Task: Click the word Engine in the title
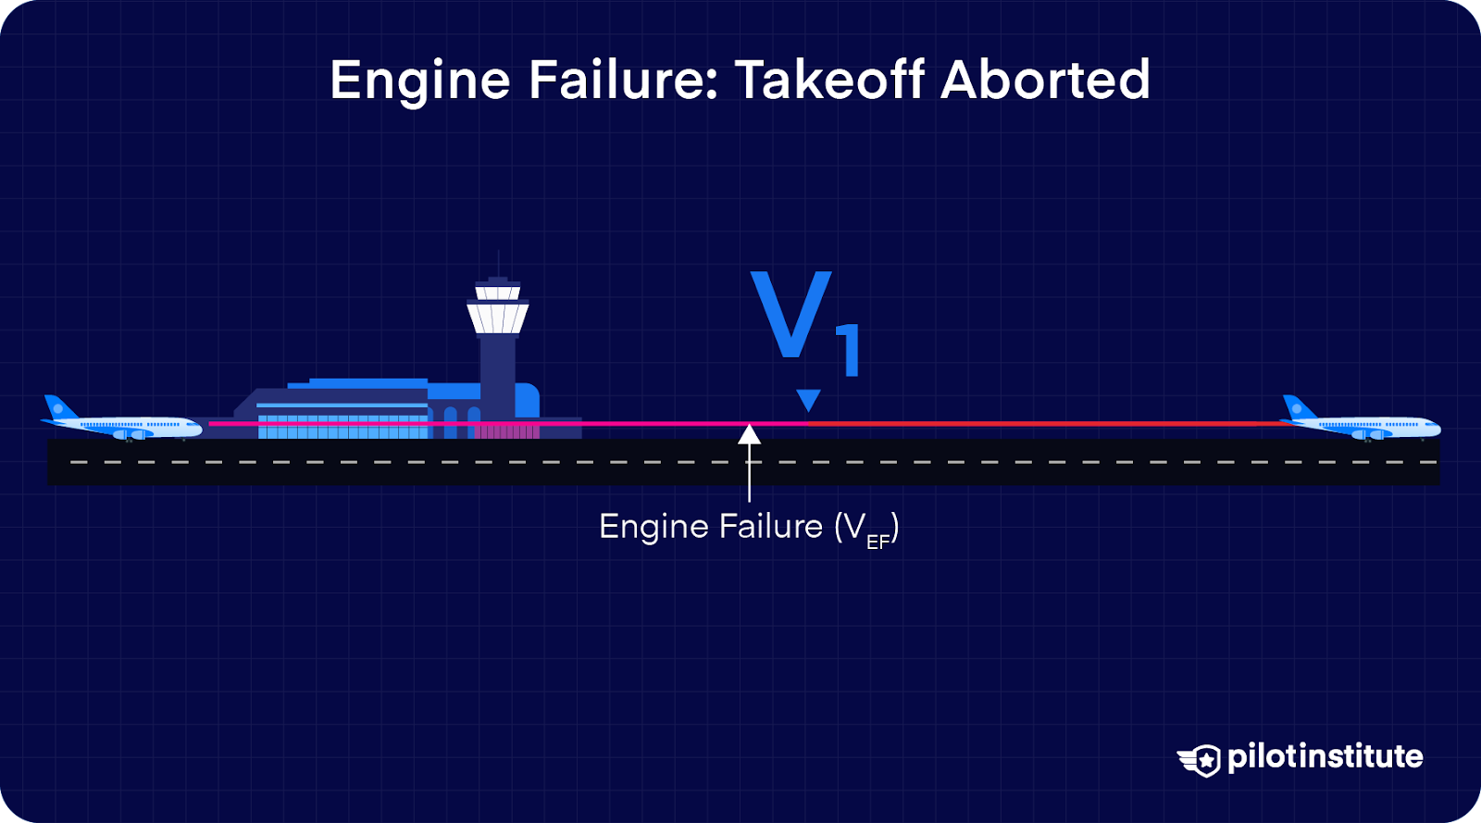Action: (419, 81)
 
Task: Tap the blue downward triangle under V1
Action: (808, 400)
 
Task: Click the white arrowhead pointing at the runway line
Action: (750, 433)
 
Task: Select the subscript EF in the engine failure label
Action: (877, 542)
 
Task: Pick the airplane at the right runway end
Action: (1361, 421)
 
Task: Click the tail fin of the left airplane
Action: (57, 406)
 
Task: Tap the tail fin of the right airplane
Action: (1296, 406)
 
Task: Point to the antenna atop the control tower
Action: (499, 263)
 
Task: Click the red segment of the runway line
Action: (1046, 424)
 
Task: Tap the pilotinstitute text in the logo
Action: (1325, 757)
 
